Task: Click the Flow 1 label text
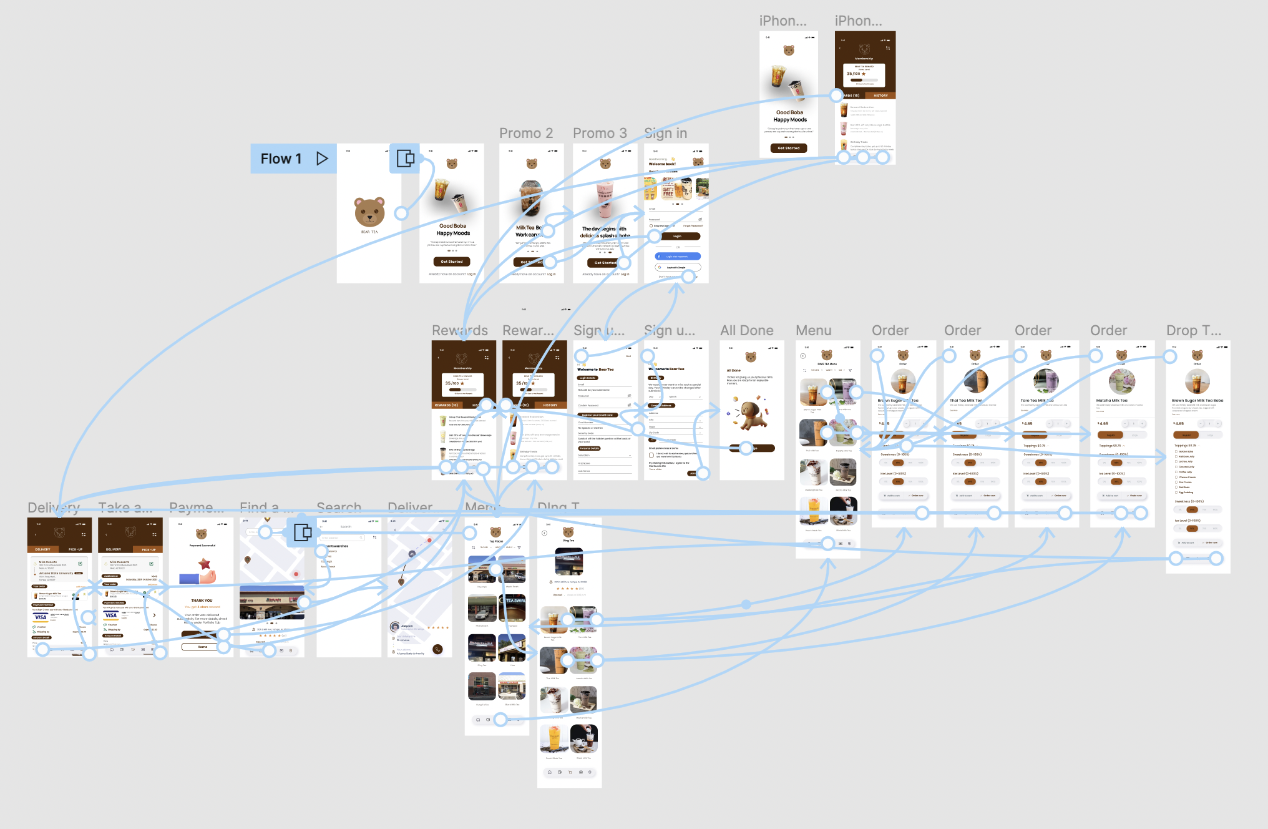tap(281, 159)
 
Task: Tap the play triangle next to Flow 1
tap(322, 159)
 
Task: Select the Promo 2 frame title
tap(525, 133)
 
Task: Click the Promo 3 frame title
tap(599, 133)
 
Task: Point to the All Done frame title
tap(746, 330)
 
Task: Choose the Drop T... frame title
tap(1193, 330)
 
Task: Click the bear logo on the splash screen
tap(369, 212)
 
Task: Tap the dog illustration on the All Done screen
tap(751, 414)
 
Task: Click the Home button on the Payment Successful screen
tap(202, 647)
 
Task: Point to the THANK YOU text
tap(202, 601)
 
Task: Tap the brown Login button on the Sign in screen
tap(677, 237)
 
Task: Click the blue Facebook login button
tap(677, 257)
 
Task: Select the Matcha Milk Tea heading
tap(1111, 401)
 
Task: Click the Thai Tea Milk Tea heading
tap(965, 401)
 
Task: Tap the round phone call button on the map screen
tap(437, 649)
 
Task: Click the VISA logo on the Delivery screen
tap(41, 617)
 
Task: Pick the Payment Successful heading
tap(202, 546)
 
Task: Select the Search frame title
tap(339, 507)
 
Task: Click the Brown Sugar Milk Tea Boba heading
tap(1197, 401)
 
